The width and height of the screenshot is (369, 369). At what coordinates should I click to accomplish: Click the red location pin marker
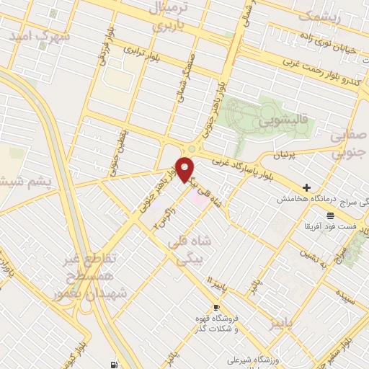click(x=185, y=169)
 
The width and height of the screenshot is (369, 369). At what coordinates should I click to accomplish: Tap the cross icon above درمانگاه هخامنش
click(x=307, y=187)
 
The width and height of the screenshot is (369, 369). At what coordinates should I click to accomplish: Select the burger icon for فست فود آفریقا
click(x=329, y=215)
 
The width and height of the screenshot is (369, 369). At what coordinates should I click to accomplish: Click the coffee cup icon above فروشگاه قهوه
click(x=216, y=308)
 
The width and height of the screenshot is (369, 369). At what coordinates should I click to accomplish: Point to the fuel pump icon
click(x=114, y=364)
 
